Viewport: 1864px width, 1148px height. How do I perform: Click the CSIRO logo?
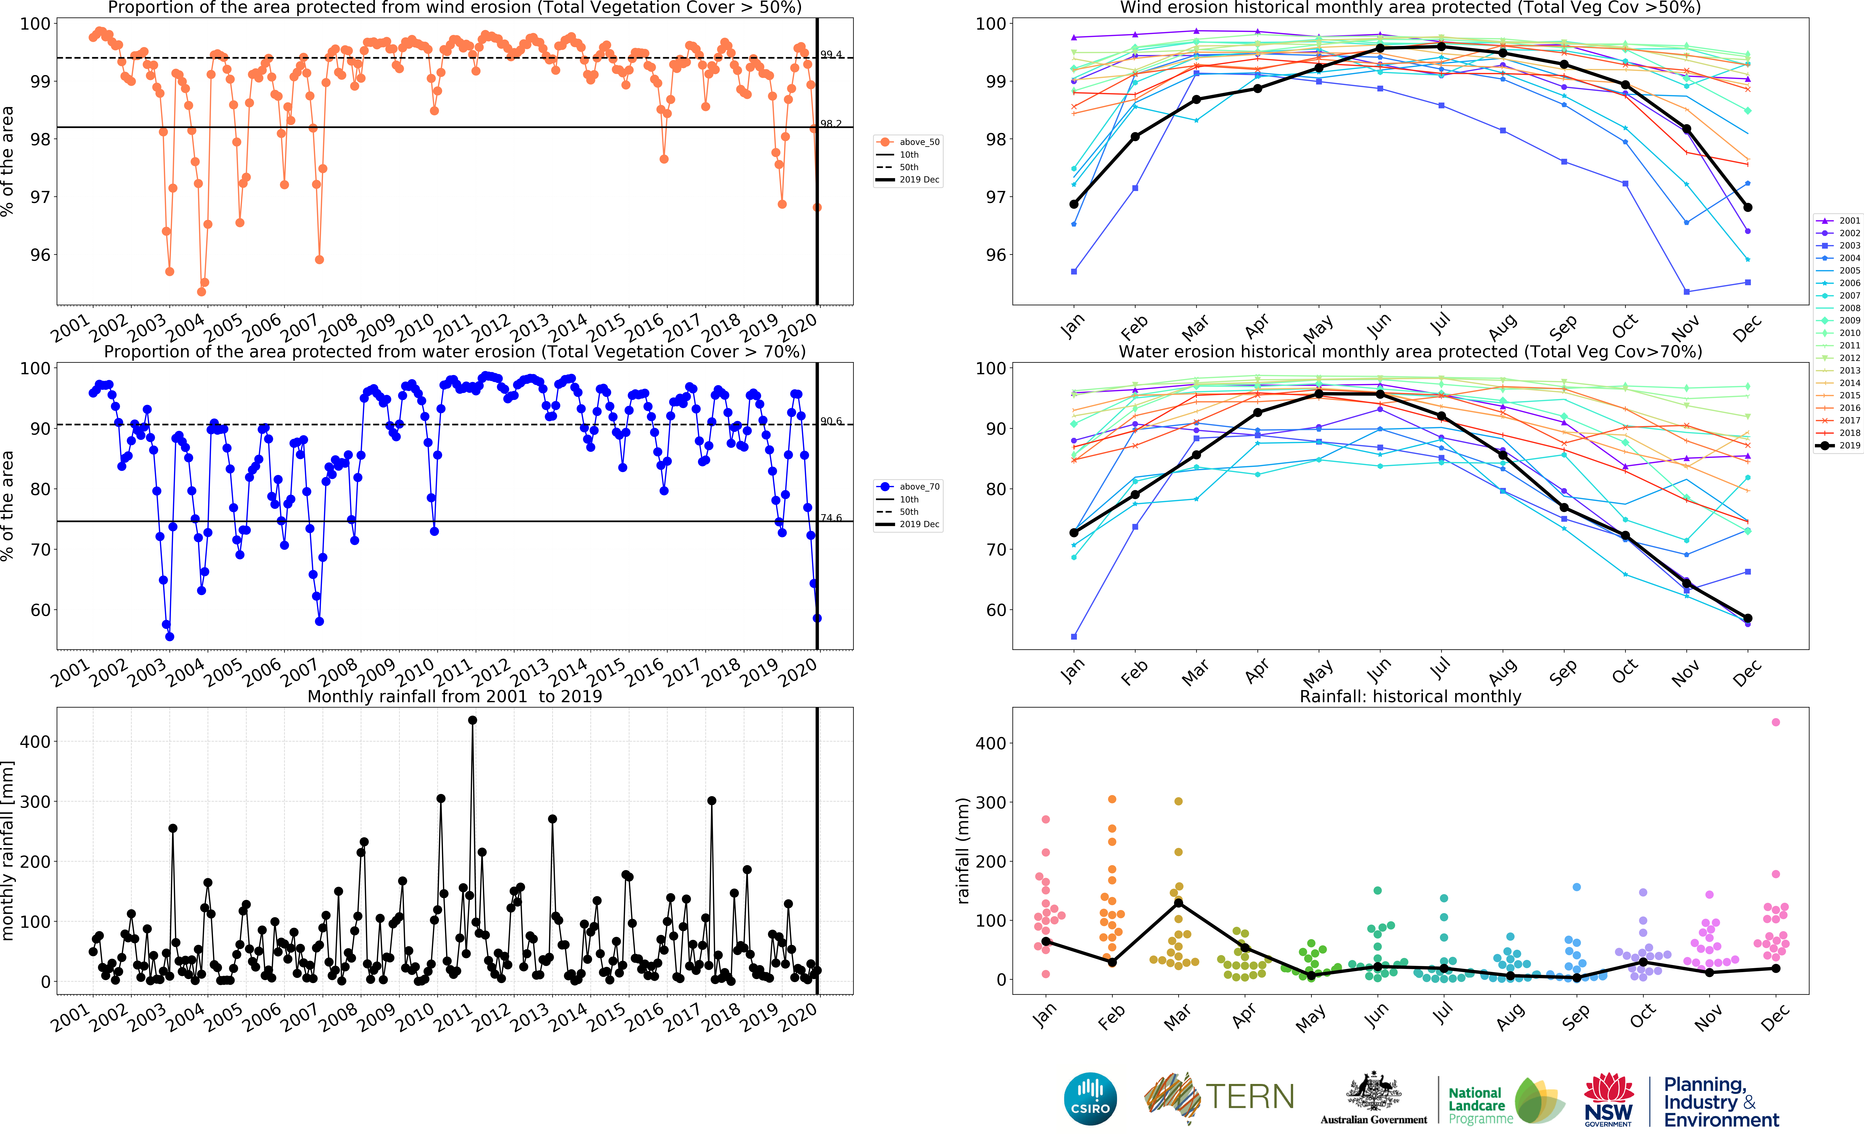(1090, 1099)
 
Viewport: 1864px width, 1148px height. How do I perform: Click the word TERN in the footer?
(1249, 1097)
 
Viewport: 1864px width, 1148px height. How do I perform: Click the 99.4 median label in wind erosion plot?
(831, 55)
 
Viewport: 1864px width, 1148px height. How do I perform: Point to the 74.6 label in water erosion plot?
(831, 518)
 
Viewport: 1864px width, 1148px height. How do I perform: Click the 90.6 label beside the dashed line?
(831, 421)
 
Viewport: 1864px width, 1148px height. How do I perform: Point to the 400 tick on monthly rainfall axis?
(35, 742)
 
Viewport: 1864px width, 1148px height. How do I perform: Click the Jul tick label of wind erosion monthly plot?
(1439, 325)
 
